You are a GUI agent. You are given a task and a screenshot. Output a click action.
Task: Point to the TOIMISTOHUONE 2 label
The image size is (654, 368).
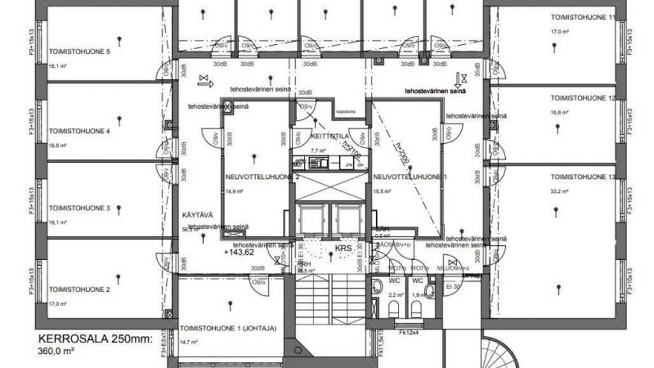(80, 289)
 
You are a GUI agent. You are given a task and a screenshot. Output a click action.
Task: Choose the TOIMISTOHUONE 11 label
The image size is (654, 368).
(584, 18)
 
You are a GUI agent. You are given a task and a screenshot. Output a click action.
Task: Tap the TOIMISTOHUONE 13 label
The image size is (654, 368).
(584, 176)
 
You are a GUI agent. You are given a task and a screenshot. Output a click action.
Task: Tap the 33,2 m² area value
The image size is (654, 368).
(559, 190)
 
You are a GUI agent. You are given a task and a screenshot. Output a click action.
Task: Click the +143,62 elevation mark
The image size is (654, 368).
(239, 252)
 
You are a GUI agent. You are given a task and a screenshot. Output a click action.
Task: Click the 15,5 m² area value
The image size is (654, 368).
(381, 190)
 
